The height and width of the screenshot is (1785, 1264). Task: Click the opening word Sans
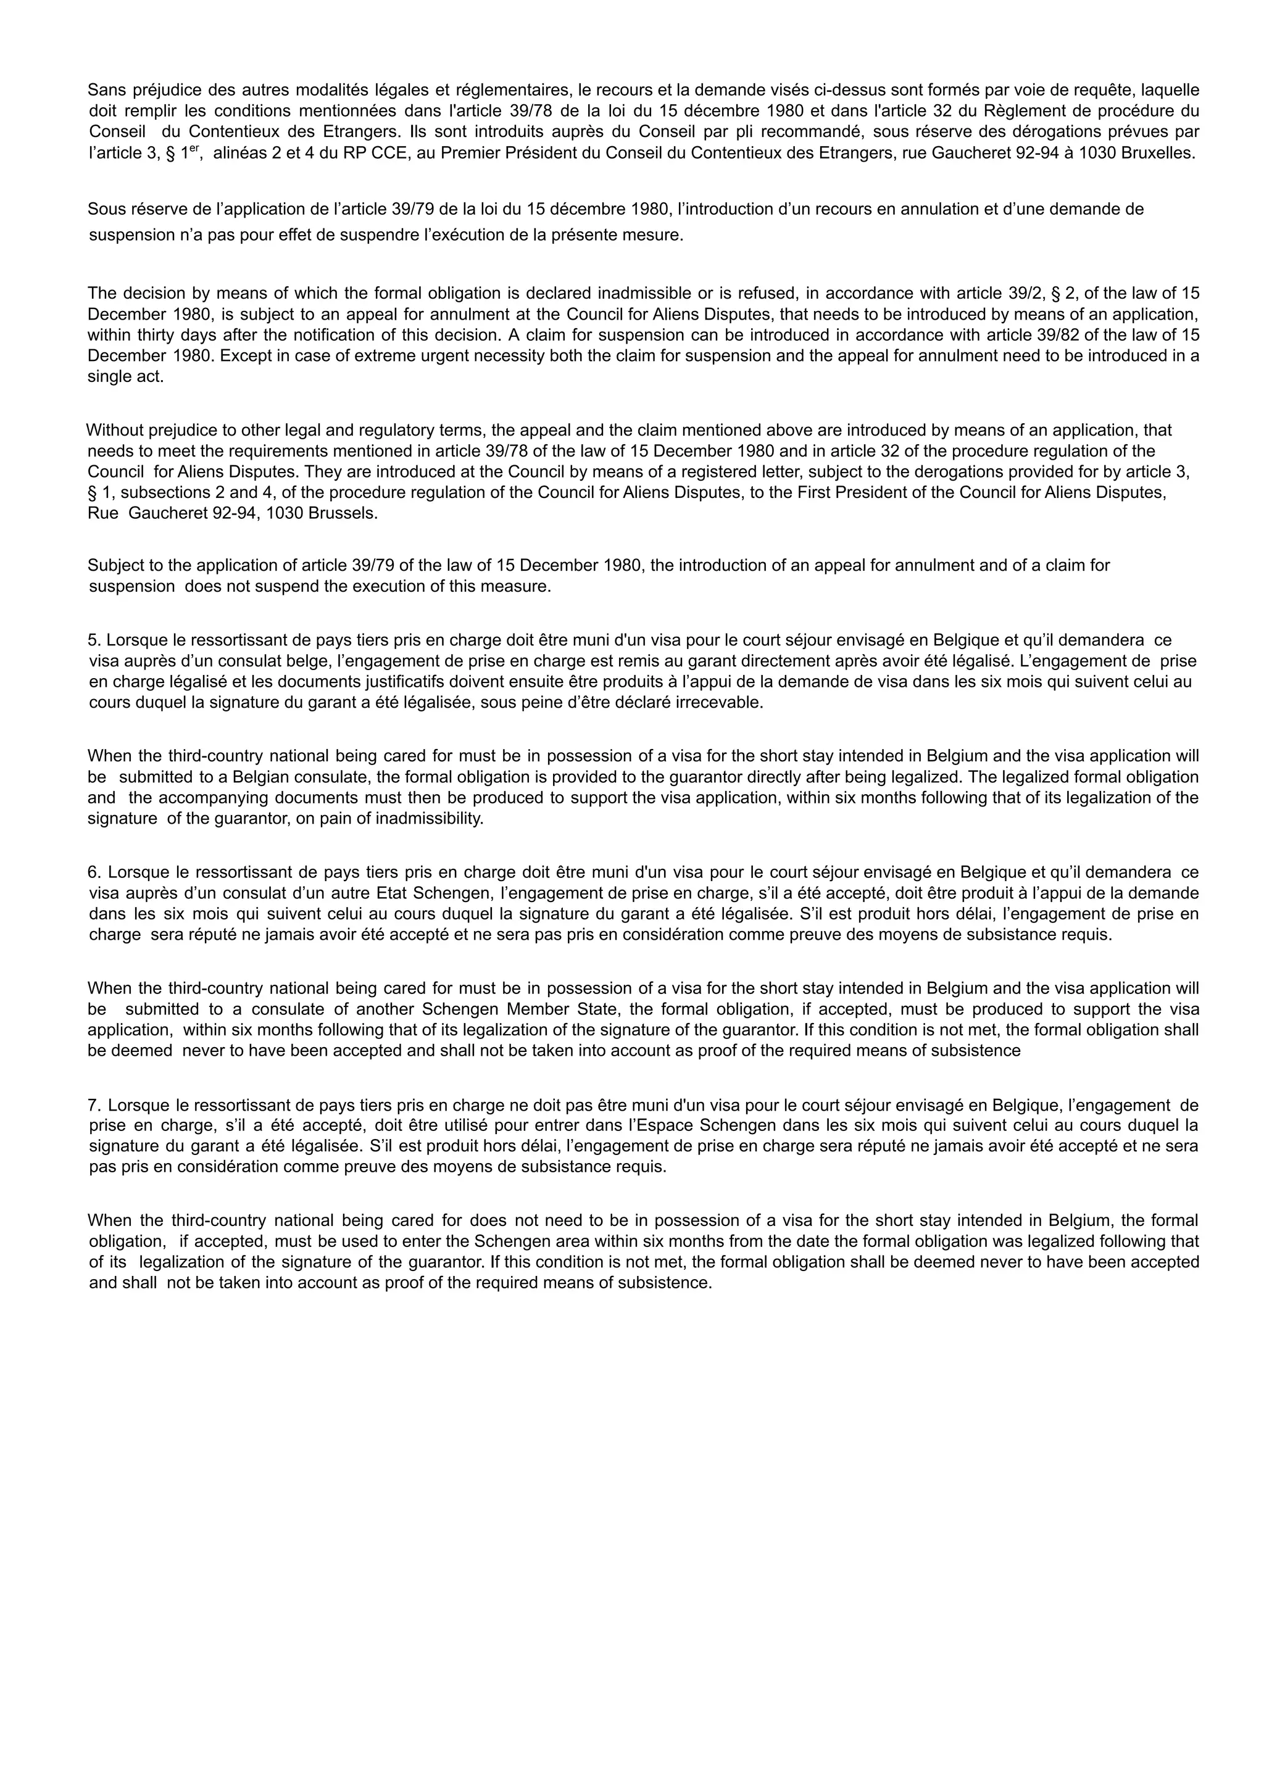pyautogui.click(x=104, y=89)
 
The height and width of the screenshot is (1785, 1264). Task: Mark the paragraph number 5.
pyautogui.click(x=94, y=640)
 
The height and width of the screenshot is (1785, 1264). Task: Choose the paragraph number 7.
pyautogui.click(x=94, y=1105)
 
